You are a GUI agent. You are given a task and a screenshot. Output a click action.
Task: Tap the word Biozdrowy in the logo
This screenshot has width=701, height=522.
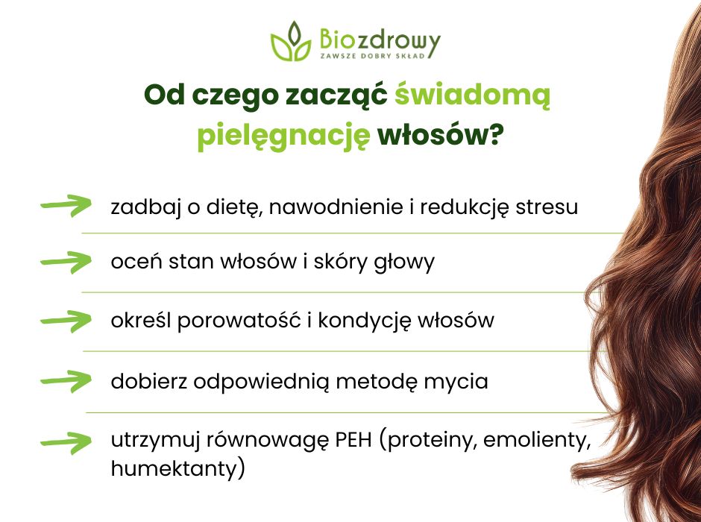(x=379, y=39)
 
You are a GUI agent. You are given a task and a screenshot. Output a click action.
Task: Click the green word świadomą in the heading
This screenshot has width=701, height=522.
(x=472, y=98)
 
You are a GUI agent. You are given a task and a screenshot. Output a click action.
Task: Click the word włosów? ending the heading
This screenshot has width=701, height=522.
(x=440, y=137)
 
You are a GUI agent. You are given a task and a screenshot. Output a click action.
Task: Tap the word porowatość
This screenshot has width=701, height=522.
(x=237, y=321)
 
